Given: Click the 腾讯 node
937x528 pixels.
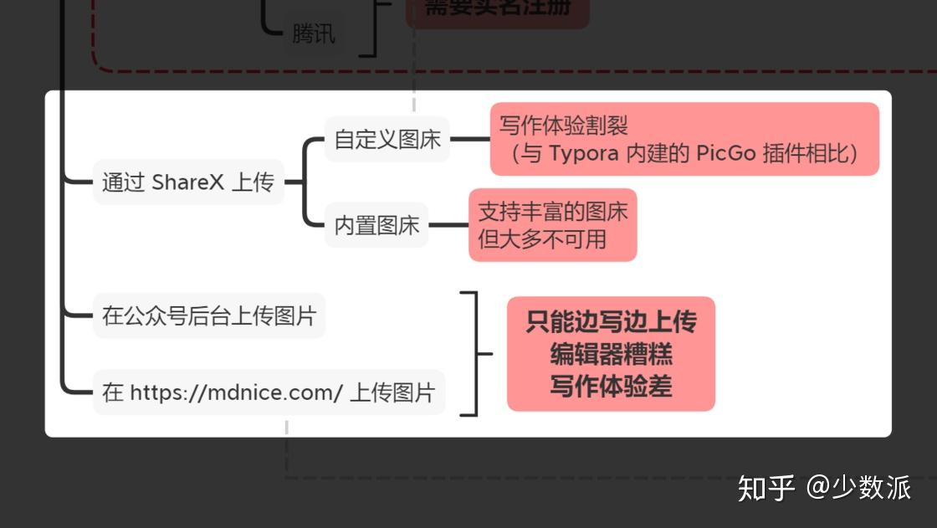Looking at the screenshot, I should tap(314, 34).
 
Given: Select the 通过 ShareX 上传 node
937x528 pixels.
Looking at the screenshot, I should tap(188, 182).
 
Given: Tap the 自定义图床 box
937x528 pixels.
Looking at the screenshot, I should tap(387, 139).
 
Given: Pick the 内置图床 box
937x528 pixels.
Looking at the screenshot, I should tap(376, 225).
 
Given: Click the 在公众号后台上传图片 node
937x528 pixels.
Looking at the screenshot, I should tap(209, 315).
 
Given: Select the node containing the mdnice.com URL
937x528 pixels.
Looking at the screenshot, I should tap(269, 392).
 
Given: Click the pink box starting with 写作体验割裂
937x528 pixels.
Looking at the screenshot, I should tap(684, 139).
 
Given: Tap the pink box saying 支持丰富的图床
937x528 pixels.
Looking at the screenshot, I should tap(552, 225).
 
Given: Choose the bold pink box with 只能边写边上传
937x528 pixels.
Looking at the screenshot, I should tap(611, 353).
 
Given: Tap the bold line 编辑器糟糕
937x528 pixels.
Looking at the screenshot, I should tap(611, 354).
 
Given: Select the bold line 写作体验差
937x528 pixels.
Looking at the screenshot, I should tap(611, 386).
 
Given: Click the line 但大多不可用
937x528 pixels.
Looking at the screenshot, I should tap(542, 239).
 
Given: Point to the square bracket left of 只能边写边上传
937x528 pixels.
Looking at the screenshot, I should tap(475, 353).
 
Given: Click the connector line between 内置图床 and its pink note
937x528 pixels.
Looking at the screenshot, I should tap(448, 225).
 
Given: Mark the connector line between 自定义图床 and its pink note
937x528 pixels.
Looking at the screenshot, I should tap(470, 139).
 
